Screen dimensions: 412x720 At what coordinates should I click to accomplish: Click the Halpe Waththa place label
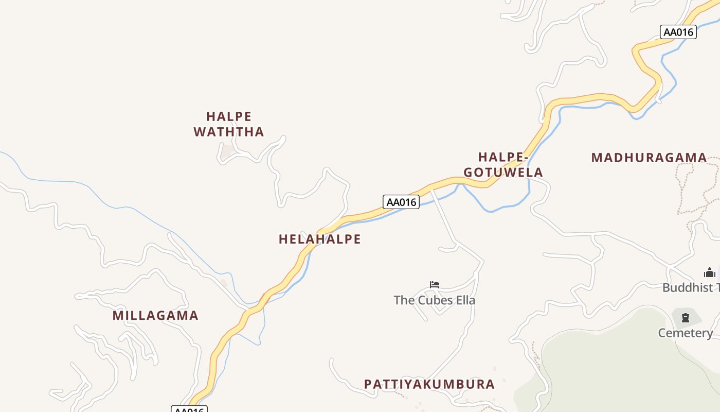pyautogui.click(x=229, y=124)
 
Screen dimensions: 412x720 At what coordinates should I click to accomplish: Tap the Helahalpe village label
pyautogui.click(x=319, y=239)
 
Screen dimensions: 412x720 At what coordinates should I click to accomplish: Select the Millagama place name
pyautogui.click(x=155, y=315)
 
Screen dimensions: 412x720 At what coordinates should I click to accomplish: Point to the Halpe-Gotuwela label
pyautogui.click(x=503, y=164)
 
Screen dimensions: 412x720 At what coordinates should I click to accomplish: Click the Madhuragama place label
pyautogui.click(x=649, y=158)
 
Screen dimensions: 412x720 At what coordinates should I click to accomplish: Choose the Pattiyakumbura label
pyautogui.click(x=429, y=384)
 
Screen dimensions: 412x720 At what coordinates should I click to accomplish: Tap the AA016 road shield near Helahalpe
pyautogui.click(x=401, y=202)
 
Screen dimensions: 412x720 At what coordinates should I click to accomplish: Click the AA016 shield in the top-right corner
pyautogui.click(x=678, y=32)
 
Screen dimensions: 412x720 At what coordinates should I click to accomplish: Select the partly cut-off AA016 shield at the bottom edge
pyautogui.click(x=189, y=409)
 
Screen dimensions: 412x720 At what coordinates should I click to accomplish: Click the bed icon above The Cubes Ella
pyautogui.click(x=435, y=284)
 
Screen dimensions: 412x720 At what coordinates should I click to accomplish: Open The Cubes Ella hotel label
pyautogui.click(x=435, y=300)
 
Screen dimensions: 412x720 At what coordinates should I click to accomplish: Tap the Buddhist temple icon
pyautogui.click(x=710, y=272)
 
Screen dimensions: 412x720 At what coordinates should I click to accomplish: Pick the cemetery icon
pyautogui.click(x=686, y=318)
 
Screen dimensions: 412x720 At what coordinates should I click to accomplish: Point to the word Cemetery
pyautogui.click(x=686, y=333)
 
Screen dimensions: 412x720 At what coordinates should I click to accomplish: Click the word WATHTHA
pyautogui.click(x=229, y=132)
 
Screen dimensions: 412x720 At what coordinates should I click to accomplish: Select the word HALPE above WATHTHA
pyautogui.click(x=229, y=116)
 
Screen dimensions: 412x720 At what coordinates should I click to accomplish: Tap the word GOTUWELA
pyautogui.click(x=503, y=172)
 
